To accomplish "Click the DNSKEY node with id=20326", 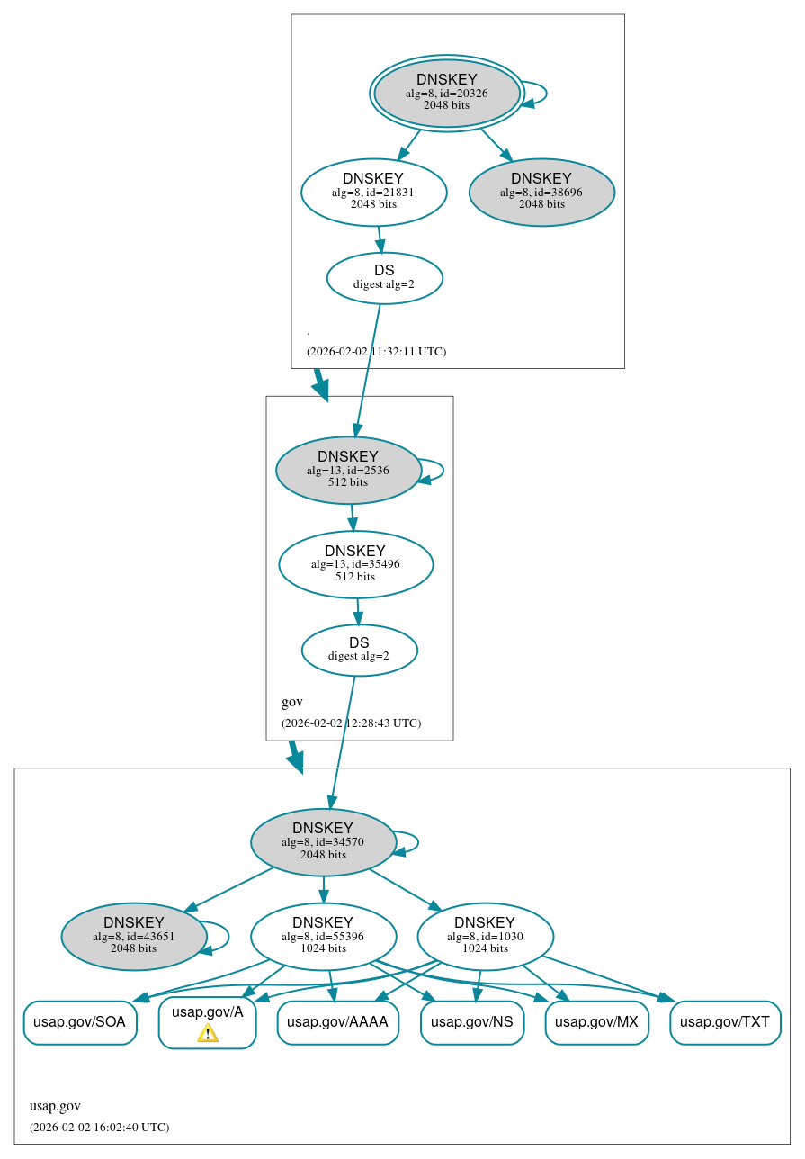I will coord(447,93).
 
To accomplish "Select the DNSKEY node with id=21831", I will coord(373,192).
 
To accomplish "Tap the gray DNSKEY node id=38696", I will coord(541,192).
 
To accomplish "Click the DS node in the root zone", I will coord(384,277).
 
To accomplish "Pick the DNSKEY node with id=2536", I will coord(348,470).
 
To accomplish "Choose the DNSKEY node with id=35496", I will coord(355,564).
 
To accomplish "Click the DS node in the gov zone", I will coord(359,650).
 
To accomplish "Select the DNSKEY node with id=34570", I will coord(323,841).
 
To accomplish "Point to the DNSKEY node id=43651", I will coord(134,936).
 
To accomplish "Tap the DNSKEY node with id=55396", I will coord(323,936).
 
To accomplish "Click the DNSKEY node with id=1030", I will coord(485,936).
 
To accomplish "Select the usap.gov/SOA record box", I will coord(80,1022).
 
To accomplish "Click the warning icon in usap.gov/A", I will coord(208,1033).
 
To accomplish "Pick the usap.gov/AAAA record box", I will coord(337,1022).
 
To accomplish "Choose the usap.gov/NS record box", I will coord(472,1022).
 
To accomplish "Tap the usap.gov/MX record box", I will coord(596,1022).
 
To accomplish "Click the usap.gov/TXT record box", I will coord(725,1022).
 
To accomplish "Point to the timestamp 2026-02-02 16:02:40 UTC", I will coord(99,1127).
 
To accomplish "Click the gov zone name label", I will coord(292,702).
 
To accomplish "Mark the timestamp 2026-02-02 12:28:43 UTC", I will coord(351,723).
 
